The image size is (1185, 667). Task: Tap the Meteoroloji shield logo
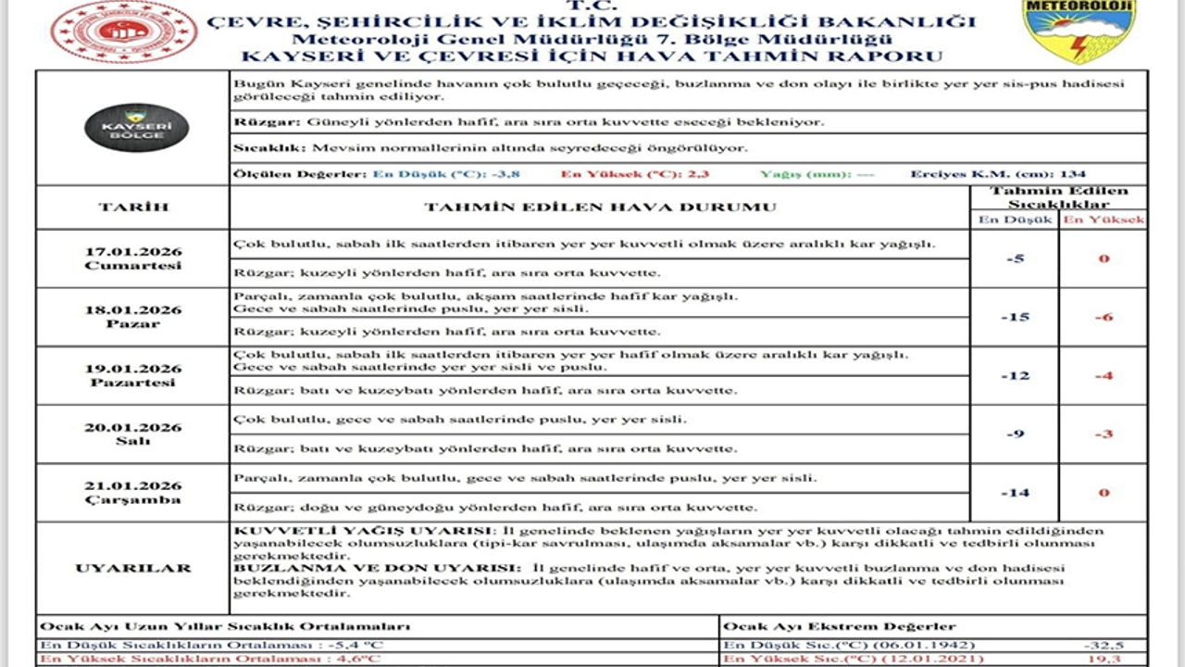click(1065, 31)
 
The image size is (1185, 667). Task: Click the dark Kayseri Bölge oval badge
click(136, 128)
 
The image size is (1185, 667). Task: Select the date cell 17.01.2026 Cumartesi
click(132, 258)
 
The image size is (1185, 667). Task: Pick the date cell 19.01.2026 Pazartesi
click(132, 375)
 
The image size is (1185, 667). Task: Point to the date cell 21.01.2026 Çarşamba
click(132, 493)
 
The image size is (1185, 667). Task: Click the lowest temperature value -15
click(1015, 317)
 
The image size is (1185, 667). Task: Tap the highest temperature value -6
click(1103, 317)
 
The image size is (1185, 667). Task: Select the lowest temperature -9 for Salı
click(1015, 434)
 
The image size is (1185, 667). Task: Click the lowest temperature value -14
click(1015, 492)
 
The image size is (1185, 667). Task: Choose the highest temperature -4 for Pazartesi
click(1103, 375)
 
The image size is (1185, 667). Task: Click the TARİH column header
click(133, 207)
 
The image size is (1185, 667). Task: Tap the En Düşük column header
click(1015, 220)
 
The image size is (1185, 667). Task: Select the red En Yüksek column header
click(1103, 220)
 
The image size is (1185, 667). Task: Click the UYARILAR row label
click(133, 568)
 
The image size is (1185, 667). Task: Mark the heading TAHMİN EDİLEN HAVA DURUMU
click(600, 207)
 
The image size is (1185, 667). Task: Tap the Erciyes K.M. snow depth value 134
click(1074, 173)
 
